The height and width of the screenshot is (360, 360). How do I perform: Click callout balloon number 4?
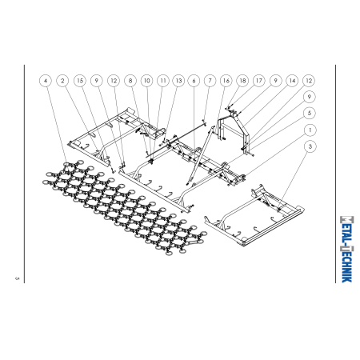[x=46, y=81]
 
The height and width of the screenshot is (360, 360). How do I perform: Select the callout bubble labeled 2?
[x=63, y=81]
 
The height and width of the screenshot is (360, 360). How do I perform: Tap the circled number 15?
[x=80, y=81]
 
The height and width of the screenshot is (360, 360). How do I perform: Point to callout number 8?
[x=130, y=81]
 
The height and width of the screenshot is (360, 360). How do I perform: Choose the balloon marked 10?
[x=146, y=81]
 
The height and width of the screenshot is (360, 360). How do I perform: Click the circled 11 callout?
[x=162, y=81]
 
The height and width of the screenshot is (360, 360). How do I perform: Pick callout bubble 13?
[x=178, y=81]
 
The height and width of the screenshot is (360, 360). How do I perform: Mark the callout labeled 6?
[x=194, y=81]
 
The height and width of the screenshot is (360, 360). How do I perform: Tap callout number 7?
[x=210, y=81]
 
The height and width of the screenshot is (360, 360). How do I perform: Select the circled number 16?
[x=226, y=81]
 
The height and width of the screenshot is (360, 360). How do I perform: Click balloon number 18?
[x=242, y=81]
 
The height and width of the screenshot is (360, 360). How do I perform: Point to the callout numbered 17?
[x=259, y=81]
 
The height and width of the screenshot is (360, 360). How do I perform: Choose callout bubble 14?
[x=292, y=81]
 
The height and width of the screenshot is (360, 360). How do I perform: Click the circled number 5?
[x=309, y=113]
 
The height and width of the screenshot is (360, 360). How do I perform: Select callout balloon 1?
[x=309, y=129]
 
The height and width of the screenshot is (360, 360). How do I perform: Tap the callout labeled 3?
[x=309, y=146]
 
